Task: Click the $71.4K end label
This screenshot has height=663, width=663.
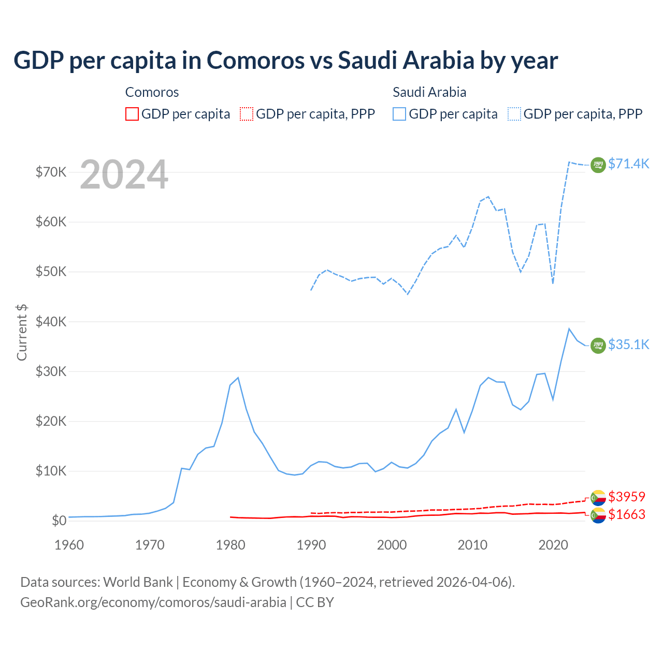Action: (x=628, y=164)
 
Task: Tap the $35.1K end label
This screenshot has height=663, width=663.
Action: (x=628, y=344)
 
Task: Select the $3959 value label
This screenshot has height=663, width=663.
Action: (x=627, y=497)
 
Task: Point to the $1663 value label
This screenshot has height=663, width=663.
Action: (x=627, y=514)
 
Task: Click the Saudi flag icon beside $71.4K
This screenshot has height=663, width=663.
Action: (x=598, y=165)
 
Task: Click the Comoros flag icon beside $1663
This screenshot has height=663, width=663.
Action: (x=598, y=515)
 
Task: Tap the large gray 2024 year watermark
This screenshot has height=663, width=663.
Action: (x=124, y=175)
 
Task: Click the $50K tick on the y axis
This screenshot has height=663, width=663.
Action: (x=51, y=272)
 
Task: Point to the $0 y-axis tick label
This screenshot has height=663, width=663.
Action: (x=59, y=521)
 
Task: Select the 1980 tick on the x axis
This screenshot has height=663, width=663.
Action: (x=230, y=545)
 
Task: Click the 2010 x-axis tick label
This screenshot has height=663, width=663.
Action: (x=472, y=545)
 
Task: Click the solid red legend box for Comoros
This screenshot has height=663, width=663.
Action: (x=132, y=114)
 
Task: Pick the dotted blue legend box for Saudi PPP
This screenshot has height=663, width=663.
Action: (x=514, y=114)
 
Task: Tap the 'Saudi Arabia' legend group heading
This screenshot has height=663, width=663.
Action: (x=429, y=92)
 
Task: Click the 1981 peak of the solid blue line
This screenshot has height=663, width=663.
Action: (x=238, y=378)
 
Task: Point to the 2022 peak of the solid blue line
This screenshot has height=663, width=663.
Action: (x=569, y=329)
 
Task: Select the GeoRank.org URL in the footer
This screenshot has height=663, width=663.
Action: (x=153, y=602)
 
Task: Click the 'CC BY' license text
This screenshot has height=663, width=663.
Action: (x=315, y=602)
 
